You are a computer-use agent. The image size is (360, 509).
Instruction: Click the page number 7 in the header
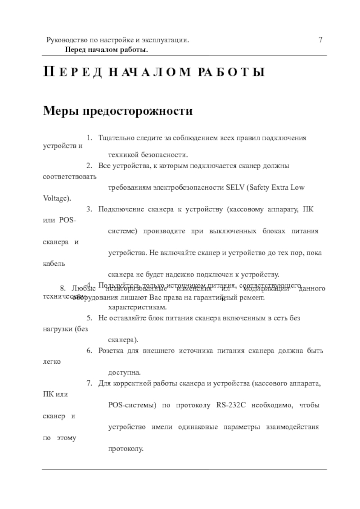pyautogui.click(x=320, y=40)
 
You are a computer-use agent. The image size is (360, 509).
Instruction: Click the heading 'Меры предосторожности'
pyautogui.click(x=117, y=111)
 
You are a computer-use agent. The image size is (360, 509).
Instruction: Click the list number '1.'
pyautogui.click(x=90, y=137)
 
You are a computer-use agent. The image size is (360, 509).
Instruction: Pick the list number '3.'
pyautogui.click(x=90, y=209)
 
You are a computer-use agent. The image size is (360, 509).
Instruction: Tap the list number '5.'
pyautogui.click(x=90, y=318)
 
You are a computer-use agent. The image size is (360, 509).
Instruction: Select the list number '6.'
pyautogui.click(x=90, y=351)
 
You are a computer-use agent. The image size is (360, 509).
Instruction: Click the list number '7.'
pyautogui.click(x=90, y=384)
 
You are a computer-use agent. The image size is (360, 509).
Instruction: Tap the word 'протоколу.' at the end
pyautogui.click(x=126, y=449)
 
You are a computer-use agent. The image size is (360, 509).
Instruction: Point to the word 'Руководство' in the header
pyautogui.click(x=65, y=40)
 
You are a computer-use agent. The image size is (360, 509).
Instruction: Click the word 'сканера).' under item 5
pyautogui.click(x=123, y=339)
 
